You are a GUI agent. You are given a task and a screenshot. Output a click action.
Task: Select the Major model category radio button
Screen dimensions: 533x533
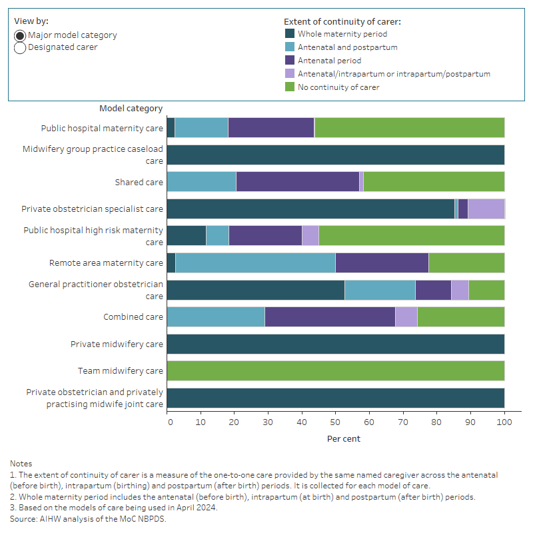click(x=20, y=35)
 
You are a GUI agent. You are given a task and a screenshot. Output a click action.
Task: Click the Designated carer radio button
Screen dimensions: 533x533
click(x=20, y=47)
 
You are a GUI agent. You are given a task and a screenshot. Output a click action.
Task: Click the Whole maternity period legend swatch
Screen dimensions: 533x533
click(x=289, y=34)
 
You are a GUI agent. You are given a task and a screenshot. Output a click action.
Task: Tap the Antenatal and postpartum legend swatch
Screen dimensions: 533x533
click(x=289, y=47)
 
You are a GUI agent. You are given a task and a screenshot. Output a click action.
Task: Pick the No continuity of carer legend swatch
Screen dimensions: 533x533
click(x=289, y=87)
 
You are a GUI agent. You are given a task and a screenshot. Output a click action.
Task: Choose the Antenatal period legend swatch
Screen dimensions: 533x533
click(x=289, y=61)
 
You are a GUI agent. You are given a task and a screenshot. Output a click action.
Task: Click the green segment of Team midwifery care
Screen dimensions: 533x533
click(x=335, y=370)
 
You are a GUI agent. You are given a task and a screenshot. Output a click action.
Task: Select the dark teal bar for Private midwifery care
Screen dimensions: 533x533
click(x=335, y=344)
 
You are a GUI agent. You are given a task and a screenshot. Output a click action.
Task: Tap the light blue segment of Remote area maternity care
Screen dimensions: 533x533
click(x=255, y=263)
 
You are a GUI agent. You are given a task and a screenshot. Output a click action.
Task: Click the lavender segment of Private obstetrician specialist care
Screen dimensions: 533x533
click(x=486, y=209)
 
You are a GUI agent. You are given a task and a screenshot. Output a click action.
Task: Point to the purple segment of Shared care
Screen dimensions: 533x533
click(x=297, y=181)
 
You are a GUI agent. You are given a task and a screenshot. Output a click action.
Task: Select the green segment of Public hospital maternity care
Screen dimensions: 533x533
click(x=409, y=127)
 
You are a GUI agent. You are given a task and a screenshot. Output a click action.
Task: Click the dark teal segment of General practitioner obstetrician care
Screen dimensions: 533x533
click(x=255, y=290)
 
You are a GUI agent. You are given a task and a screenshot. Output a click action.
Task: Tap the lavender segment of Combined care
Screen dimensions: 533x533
click(x=406, y=317)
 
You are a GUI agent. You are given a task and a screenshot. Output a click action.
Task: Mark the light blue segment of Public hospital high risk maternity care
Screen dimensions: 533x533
click(x=217, y=235)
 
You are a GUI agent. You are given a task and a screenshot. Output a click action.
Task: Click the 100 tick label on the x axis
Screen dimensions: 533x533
click(x=504, y=422)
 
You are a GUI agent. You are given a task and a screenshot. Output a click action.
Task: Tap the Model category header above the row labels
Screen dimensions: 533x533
click(x=131, y=109)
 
